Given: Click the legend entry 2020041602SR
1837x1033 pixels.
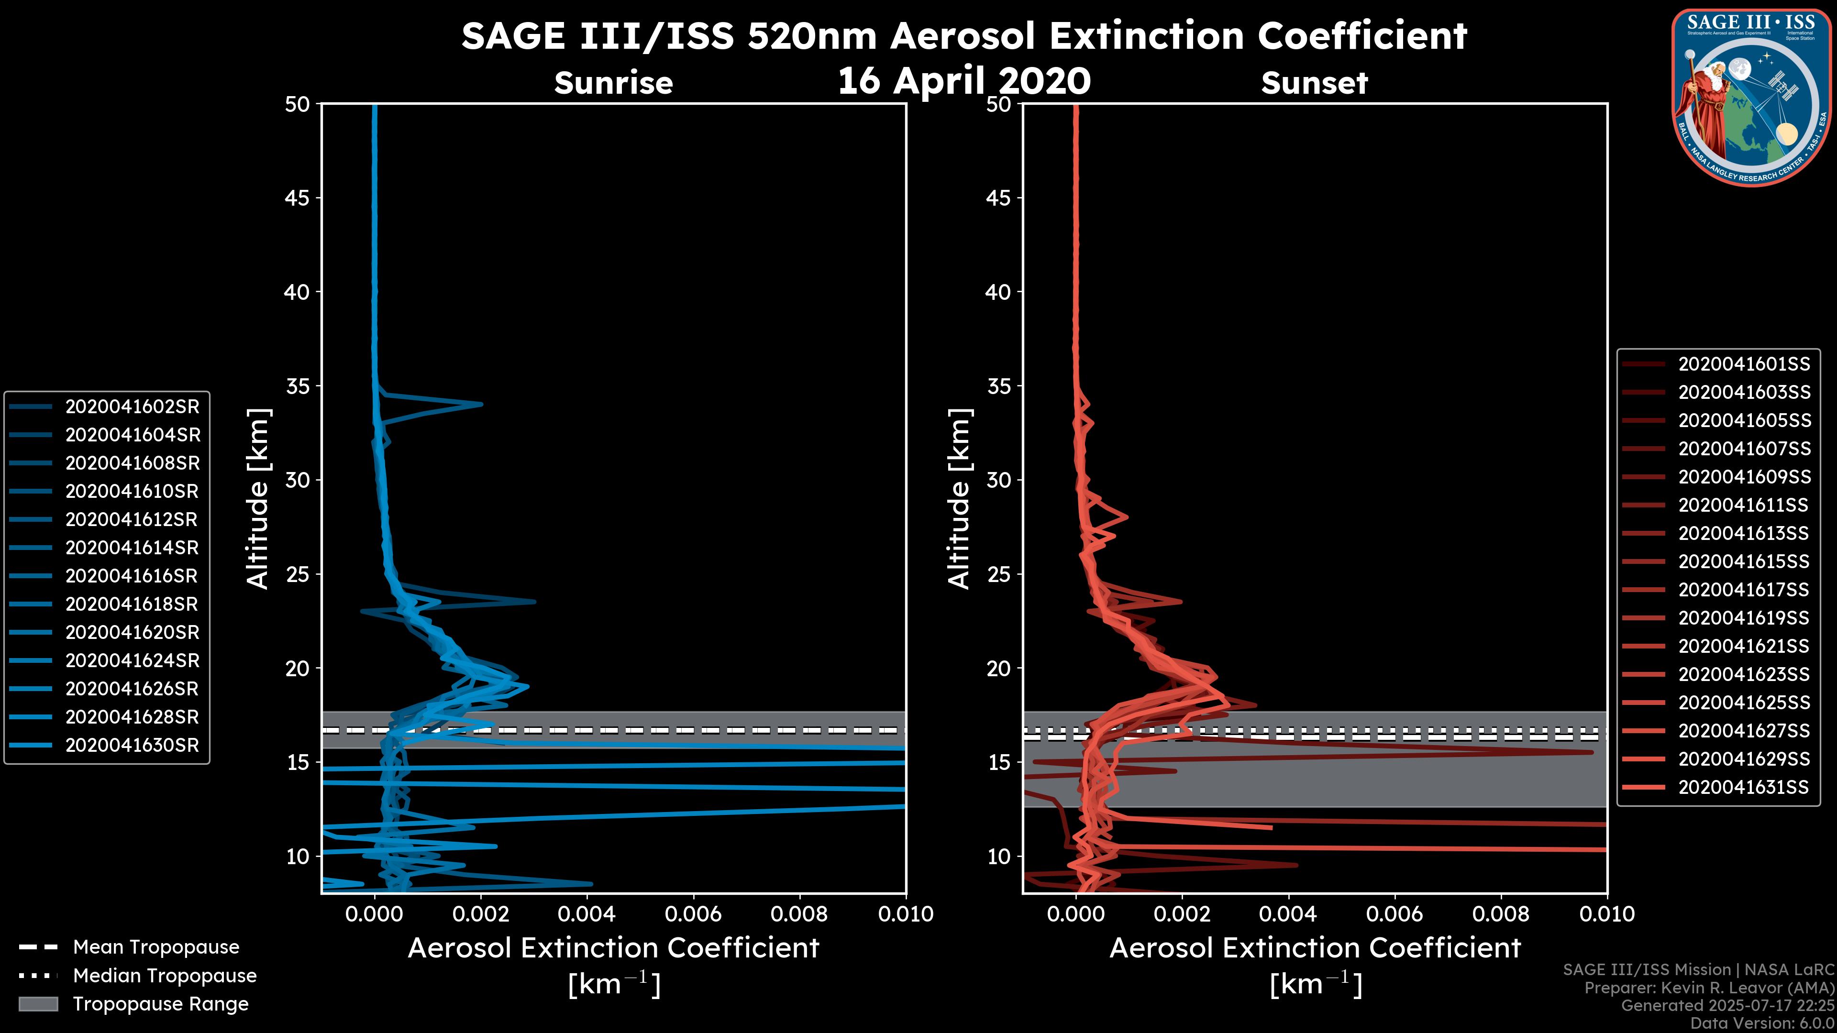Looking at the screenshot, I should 132,407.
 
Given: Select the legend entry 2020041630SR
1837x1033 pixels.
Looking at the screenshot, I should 132,745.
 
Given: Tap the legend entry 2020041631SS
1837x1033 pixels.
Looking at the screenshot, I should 1744,787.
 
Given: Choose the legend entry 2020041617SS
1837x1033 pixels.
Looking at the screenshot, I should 1744,590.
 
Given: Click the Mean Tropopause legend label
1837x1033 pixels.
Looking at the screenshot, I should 156,947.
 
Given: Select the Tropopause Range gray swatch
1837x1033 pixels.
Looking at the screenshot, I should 38,1004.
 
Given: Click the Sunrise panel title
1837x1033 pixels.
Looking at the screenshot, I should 613,83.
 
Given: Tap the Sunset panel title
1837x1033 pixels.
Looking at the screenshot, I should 1314,83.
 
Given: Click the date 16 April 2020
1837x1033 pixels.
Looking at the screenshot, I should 964,80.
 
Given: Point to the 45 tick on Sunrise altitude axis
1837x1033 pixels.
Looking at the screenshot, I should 298,198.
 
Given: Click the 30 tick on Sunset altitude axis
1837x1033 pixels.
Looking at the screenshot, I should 999,480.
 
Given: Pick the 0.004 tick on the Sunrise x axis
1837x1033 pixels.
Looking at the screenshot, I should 586,914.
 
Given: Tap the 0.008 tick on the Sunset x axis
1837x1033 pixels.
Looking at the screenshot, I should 1501,914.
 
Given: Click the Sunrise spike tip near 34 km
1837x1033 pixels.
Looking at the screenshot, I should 481,404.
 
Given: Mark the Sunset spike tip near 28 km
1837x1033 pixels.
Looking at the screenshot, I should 1127,516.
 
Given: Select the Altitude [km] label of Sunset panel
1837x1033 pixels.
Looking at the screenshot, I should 959,499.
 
